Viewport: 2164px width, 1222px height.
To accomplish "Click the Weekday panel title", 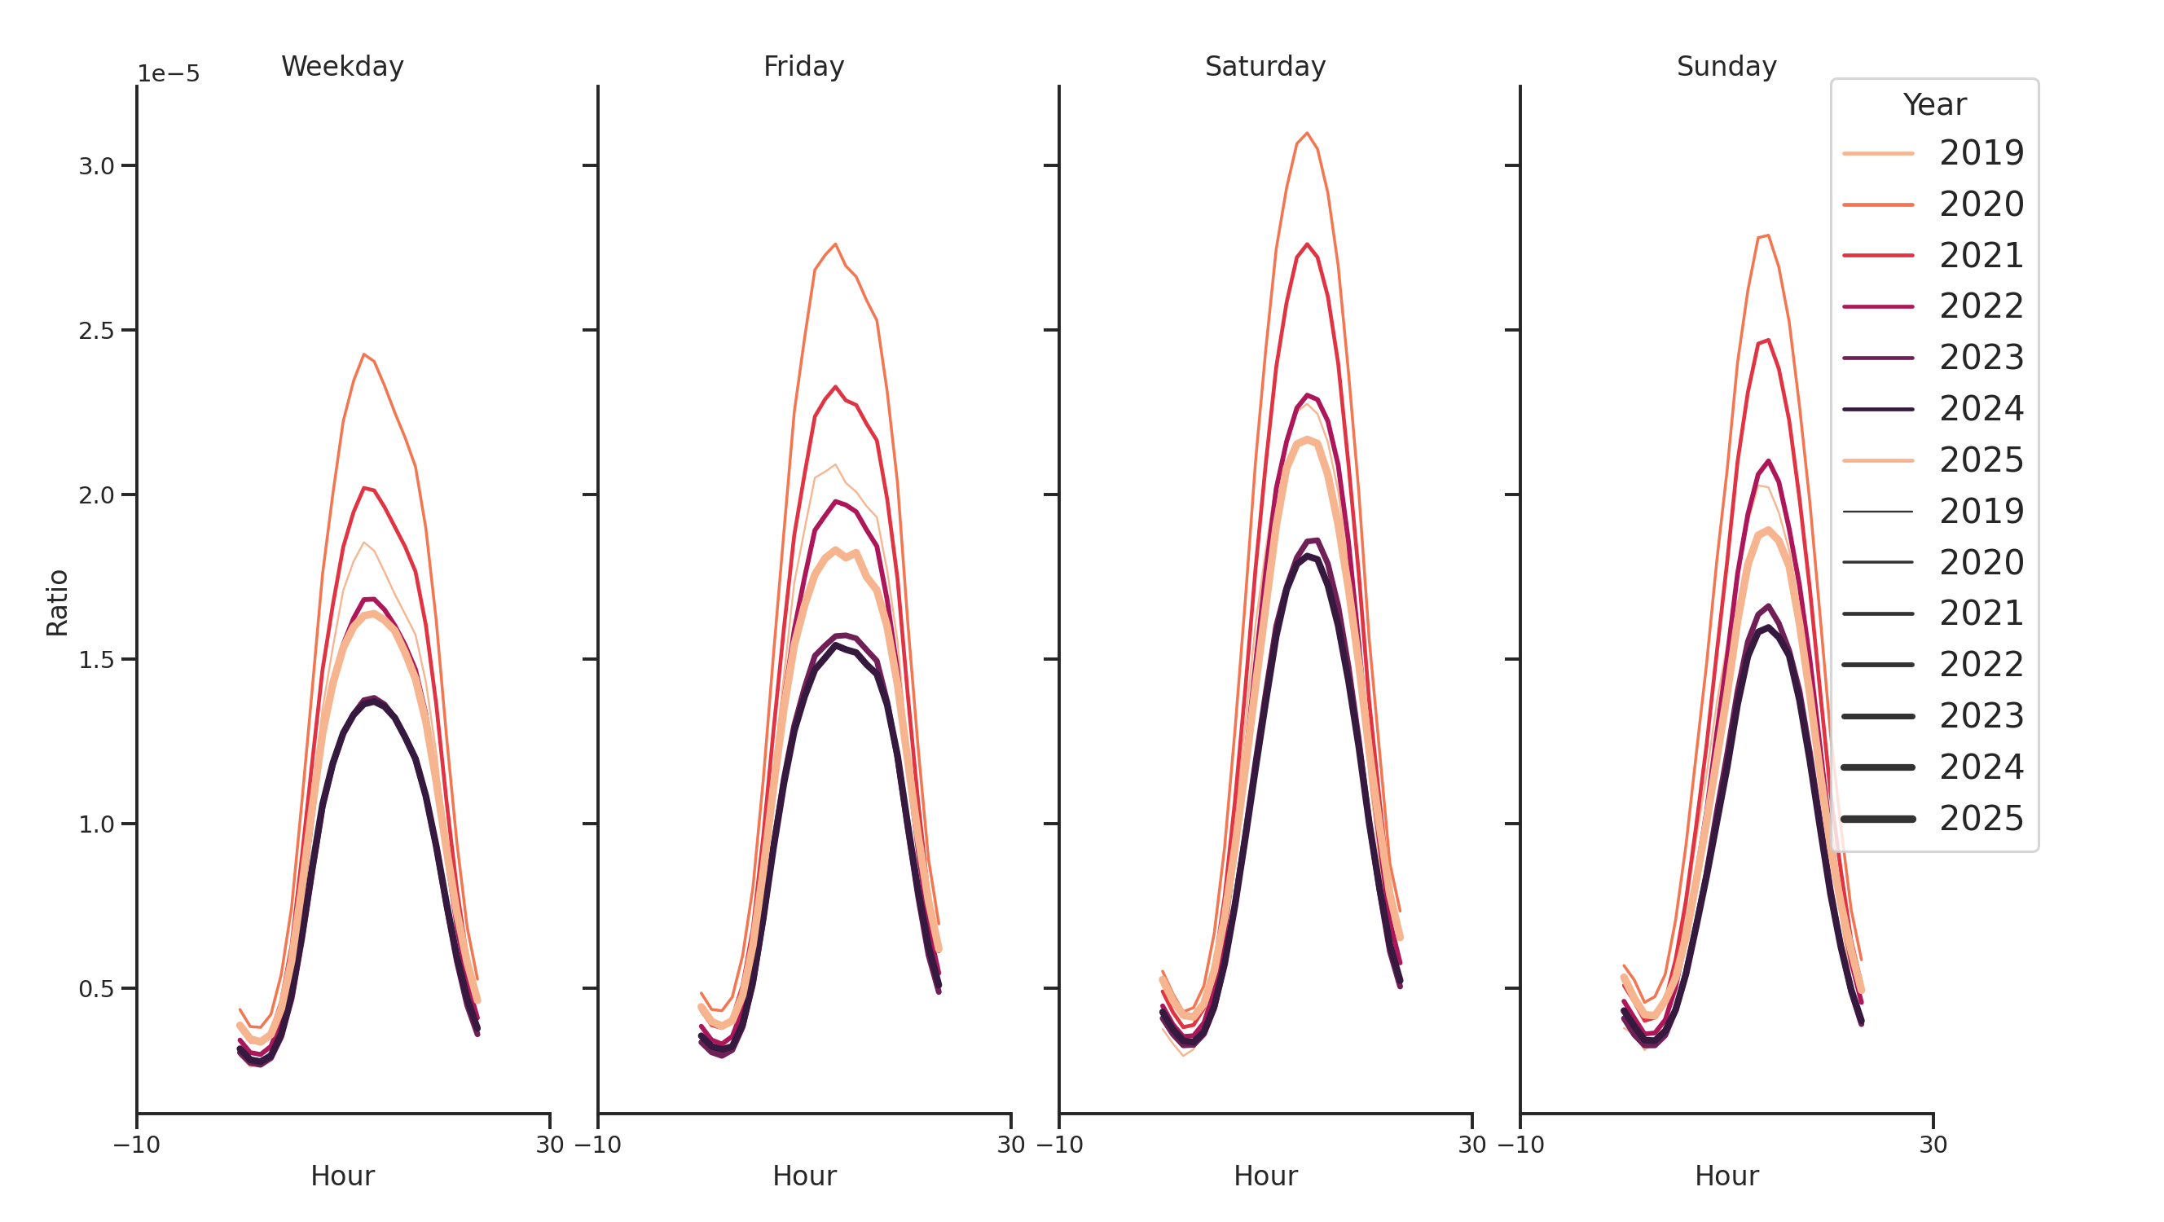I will [x=342, y=66].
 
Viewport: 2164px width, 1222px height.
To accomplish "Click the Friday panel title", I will [x=803, y=66].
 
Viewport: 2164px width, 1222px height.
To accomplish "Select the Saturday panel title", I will [x=1265, y=66].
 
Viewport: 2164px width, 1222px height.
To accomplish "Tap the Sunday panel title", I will [x=1726, y=66].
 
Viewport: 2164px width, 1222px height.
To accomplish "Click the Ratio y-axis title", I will [x=57, y=602].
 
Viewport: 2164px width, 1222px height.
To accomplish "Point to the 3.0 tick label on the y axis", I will [x=96, y=166].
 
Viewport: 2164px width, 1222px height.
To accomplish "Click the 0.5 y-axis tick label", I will [x=96, y=988].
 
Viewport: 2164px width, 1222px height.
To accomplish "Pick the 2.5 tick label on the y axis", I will [x=96, y=331].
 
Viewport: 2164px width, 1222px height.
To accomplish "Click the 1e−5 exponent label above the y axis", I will [x=168, y=74].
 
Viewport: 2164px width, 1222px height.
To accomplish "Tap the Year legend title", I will [x=1933, y=105].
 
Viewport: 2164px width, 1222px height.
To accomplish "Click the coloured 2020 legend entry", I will [x=1932, y=204].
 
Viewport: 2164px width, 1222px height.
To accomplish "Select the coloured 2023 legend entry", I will [x=1932, y=358].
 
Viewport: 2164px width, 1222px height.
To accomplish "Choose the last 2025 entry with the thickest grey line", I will [x=1932, y=819].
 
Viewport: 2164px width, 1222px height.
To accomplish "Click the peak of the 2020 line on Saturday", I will [x=1306, y=133].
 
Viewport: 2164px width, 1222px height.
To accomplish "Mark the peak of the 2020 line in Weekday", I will [x=363, y=354].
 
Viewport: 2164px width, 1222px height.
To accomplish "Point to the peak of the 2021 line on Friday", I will [x=835, y=387].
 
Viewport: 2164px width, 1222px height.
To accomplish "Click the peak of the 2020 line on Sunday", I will [x=1767, y=235].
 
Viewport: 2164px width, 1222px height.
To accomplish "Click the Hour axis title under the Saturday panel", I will [x=1265, y=1176].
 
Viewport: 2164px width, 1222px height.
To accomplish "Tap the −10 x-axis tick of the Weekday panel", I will [x=136, y=1145].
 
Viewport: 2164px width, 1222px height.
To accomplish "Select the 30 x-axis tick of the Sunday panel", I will [x=1932, y=1145].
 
